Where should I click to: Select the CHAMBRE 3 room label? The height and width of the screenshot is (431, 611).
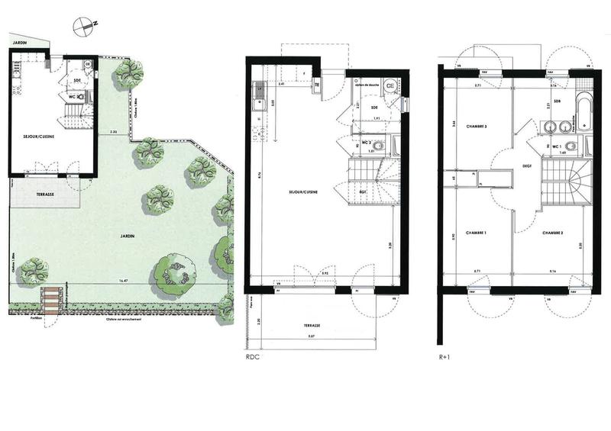click(x=476, y=126)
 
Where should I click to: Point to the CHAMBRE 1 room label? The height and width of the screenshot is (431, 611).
click(x=476, y=232)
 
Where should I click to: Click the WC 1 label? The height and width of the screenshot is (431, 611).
click(x=556, y=145)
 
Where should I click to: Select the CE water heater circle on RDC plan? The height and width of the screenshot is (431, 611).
click(x=390, y=86)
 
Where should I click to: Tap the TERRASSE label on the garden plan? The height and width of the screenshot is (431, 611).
click(x=45, y=195)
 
